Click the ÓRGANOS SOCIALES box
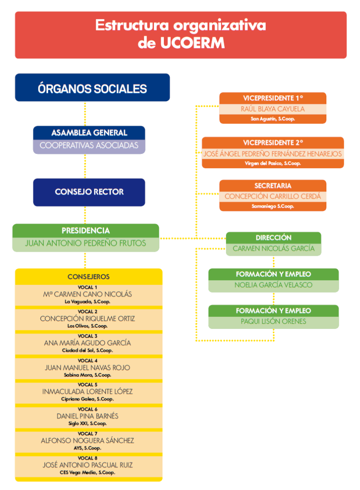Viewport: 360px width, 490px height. point(92,88)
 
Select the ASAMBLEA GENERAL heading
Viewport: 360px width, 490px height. point(89,133)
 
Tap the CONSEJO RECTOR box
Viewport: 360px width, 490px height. point(89,192)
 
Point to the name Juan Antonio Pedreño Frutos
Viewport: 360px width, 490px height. point(85,243)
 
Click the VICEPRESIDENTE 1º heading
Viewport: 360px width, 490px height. point(272,98)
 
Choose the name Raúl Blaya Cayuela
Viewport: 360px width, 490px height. point(272,109)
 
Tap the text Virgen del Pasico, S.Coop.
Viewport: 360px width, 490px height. point(272,163)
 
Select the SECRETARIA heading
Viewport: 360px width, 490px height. point(272,186)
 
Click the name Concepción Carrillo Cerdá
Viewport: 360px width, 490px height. point(272,196)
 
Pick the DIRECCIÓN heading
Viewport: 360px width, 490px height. point(273,238)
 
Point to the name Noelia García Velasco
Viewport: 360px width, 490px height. point(273,285)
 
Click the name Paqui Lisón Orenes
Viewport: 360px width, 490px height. point(273,322)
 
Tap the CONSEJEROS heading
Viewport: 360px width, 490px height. point(89,276)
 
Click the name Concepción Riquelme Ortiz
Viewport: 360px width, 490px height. point(88,318)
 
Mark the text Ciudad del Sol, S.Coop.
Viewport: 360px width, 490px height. point(88,350)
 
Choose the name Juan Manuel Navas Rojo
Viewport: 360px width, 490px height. point(88,367)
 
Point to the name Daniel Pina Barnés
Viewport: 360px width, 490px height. point(88,416)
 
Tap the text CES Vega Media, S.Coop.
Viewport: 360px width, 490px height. point(88,472)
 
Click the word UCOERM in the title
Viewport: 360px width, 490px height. point(192,43)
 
